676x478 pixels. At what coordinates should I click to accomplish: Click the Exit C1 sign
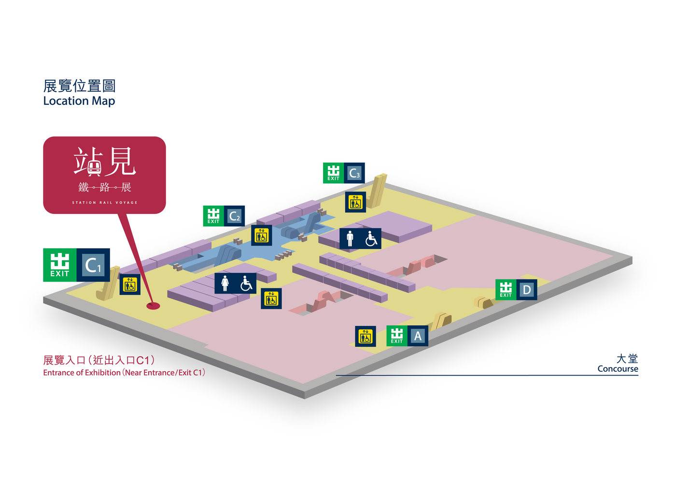pyautogui.click(x=77, y=265)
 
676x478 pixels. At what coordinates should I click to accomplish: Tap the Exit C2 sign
pyautogui.click(x=224, y=216)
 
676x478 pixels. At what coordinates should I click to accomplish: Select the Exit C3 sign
pyautogui.click(x=343, y=173)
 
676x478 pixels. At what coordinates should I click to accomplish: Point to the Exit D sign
pyautogui.click(x=516, y=290)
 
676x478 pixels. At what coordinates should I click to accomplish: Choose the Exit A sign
pyautogui.click(x=407, y=336)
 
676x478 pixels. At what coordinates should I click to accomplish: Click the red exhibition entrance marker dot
pyautogui.click(x=153, y=306)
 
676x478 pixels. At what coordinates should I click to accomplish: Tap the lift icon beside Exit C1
pyautogui.click(x=130, y=284)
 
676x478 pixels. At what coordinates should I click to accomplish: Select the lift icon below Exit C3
pyautogui.click(x=355, y=202)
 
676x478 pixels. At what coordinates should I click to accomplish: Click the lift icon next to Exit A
pyautogui.click(x=366, y=337)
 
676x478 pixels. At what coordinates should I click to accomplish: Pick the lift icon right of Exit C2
pyautogui.click(x=262, y=235)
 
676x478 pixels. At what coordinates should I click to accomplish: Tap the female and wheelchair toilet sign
pyautogui.click(x=235, y=283)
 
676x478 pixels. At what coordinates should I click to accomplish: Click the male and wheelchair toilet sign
pyautogui.click(x=360, y=239)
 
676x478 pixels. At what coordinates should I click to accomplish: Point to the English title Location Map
pyautogui.click(x=79, y=101)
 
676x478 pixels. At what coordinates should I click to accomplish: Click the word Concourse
pyautogui.click(x=618, y=369)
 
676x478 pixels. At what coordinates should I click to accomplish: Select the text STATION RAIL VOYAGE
pyautogui.click(x=105, y=203)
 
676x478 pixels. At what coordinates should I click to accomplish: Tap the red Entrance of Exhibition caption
pyautogui.click(x=124, y=373)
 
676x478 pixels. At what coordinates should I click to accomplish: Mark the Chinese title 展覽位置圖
pyautogui.click(x=80, y=86)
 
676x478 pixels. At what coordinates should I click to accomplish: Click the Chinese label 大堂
pyautogui.click(x=627, y=358)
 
